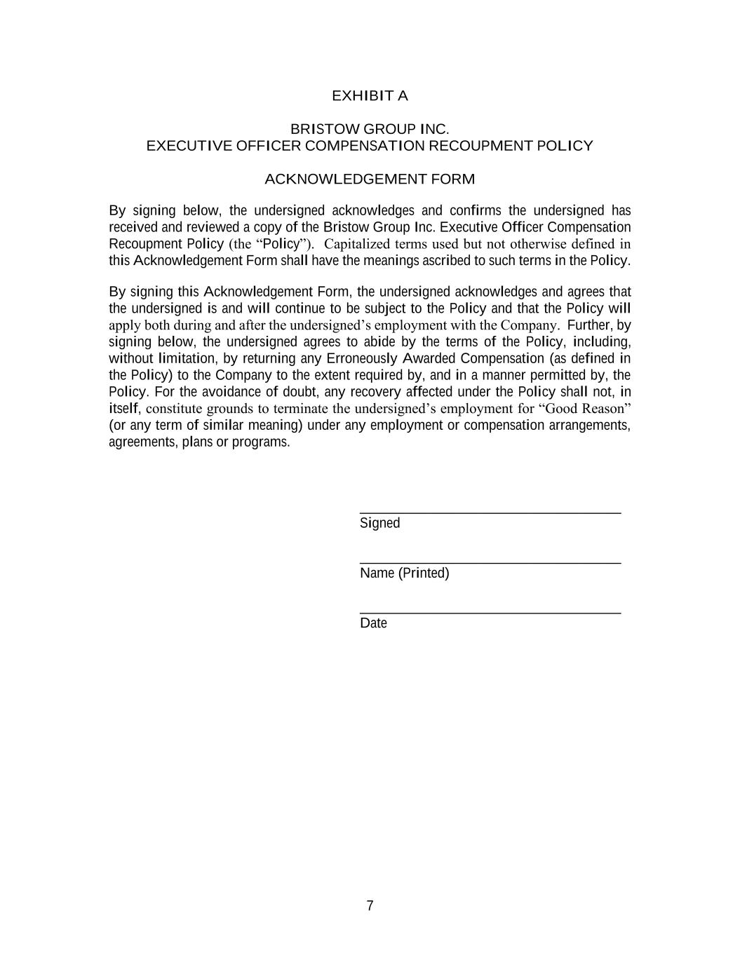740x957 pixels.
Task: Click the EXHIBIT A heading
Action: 370,96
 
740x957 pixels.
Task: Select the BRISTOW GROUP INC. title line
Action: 370,130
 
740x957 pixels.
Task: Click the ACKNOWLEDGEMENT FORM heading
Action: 370,179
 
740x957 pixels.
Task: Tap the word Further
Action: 588,325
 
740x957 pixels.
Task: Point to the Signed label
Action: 379,523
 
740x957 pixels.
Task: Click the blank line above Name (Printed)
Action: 490,563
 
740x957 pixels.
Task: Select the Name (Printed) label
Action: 404,573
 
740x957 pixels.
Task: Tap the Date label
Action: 373,623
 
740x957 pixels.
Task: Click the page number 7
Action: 370,906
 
